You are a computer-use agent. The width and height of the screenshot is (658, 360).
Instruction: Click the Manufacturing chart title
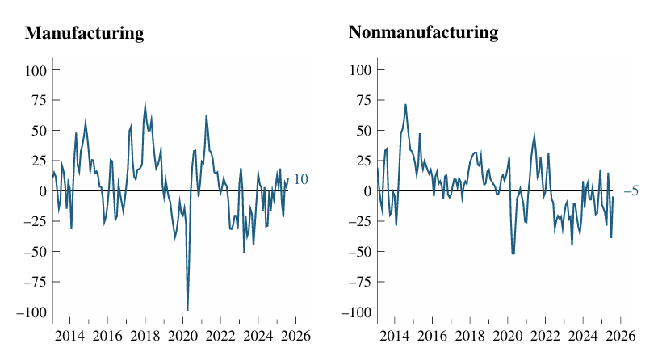tap(84, 33)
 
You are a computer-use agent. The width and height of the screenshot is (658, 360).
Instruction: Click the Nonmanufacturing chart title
tap(423, 33)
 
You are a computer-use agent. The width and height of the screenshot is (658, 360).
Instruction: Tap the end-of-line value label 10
tap(300, 180)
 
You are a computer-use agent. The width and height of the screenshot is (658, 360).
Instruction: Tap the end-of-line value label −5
tap(631, 191)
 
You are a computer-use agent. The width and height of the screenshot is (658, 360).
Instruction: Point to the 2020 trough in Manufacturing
tap(187, 310)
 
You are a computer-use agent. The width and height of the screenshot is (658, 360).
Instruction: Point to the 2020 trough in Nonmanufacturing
tap(513, 253)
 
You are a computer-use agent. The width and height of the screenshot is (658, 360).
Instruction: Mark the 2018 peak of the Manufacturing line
tap(145, 104)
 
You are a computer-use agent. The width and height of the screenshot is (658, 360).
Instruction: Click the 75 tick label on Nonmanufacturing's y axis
tap(362, 100)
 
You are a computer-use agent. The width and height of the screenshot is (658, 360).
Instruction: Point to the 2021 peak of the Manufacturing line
tap(206, 115)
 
